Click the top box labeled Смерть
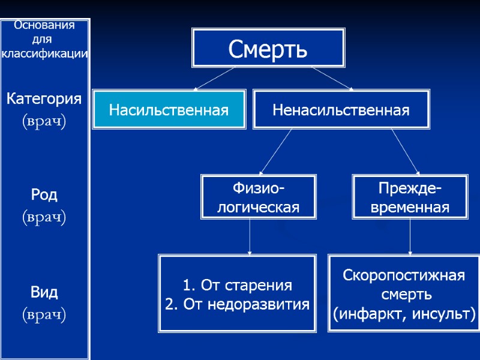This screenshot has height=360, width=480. (x=268, y=47)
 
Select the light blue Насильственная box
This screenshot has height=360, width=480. (x=169, y=110)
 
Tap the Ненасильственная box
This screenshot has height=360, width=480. (x=341, y=110)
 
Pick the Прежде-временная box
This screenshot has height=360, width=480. (x=410, y=199)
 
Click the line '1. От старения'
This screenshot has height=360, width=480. (x=238, y=285)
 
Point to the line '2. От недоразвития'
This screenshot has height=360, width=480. (x=238, y=304)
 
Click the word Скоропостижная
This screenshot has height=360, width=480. (x=404, y=276)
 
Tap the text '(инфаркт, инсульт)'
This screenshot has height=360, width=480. (x=404, y=313)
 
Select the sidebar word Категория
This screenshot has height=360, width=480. (x=44, y=98)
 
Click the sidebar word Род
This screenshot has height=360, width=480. (x=44, y=195)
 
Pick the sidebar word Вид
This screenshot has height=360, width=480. (x=44, y=293)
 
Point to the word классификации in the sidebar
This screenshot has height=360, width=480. (x=45, y=54)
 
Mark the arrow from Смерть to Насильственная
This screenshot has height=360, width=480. (x=214, y=79)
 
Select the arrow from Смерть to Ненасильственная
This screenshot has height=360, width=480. (x=332, y=79)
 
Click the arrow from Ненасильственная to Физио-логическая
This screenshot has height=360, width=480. (x=277, y=152)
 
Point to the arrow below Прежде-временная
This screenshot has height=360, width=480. (x=410, y=236)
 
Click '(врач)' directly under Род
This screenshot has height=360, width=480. (x=44, y=216)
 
